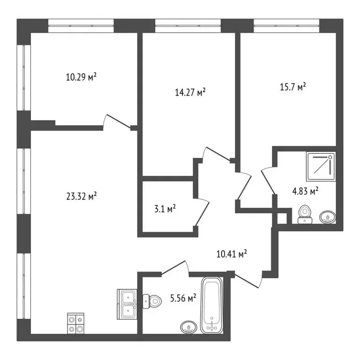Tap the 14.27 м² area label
[189, 92]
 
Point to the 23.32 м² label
[82, 197]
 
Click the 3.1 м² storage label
[165, 209]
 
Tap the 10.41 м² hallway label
[232, 255]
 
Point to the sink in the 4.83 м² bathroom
[327, 217]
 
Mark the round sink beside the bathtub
[188, 327]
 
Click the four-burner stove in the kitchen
[76, 323]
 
